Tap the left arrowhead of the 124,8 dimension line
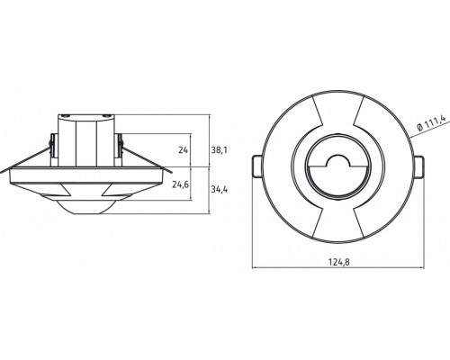click(255, 267)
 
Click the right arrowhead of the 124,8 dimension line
click(420, 267)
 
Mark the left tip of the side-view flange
click(4, 169)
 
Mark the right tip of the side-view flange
click(170, 169)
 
